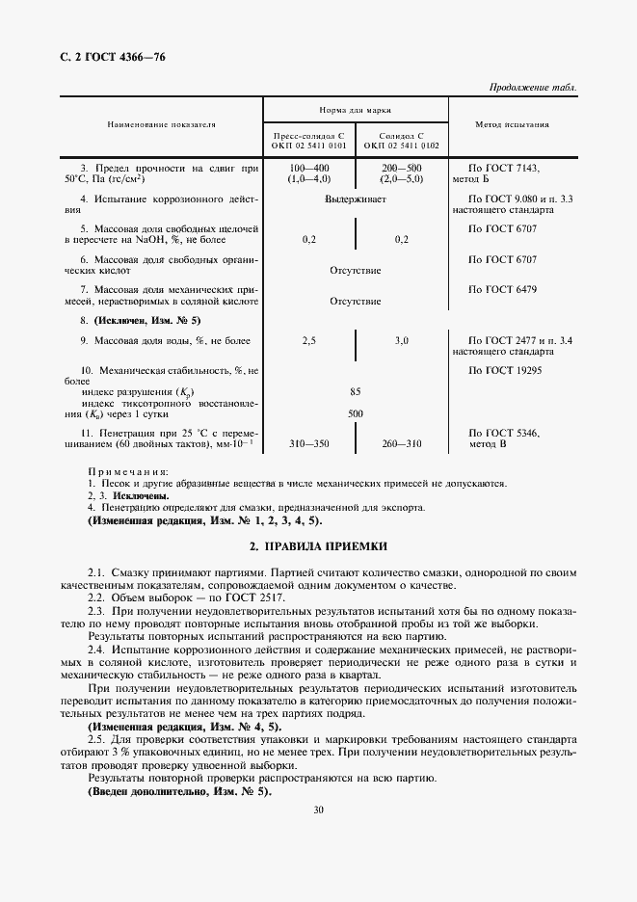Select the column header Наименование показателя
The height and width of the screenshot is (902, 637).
(x=161, y=125)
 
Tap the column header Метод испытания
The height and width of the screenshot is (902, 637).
(x=513, y=125)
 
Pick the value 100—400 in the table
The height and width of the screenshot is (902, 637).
(x=309, y=167)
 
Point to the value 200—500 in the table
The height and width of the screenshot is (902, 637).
(x=401, y=167)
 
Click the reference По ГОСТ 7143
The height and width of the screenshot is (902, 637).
(x=503, y=167)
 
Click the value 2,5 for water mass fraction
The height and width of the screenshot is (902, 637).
(x=309, y=341)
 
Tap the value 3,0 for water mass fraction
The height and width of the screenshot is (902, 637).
(x=401, y=341)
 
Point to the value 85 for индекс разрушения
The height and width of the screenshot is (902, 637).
(x=356, y=392)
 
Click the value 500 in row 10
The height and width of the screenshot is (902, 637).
(x=356, y=413)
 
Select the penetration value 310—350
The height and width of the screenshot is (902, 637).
(x=309, y=444)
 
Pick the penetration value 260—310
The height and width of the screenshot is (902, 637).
(x=401, y=444)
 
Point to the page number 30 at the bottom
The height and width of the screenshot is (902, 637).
(x=318, y=809)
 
